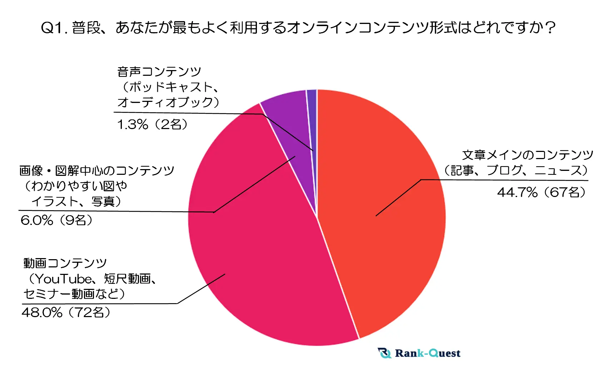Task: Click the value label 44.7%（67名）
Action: point(541,193)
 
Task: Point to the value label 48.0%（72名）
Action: point(66,312)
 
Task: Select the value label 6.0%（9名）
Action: point(56,220)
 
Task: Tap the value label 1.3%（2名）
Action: point(153,124)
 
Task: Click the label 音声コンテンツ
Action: point(159,72)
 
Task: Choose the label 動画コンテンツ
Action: point(65,263)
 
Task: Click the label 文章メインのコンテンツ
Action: point(527,155)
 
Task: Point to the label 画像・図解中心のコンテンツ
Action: point(96,171)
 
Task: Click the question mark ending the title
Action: point(551,28)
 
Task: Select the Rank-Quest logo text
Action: point(427,353)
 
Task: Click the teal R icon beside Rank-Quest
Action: point(385,353)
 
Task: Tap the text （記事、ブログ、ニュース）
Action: point(516,171)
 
